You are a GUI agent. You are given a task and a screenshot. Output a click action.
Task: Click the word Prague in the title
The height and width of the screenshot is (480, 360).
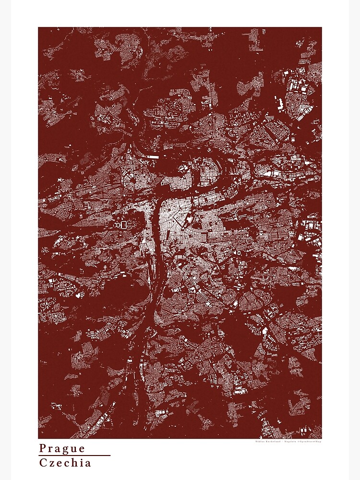tap(62, 449)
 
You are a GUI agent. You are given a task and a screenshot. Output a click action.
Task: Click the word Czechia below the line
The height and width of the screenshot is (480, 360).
tap(65, 463)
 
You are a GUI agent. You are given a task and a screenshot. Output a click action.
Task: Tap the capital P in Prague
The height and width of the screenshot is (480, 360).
tap(43, 448)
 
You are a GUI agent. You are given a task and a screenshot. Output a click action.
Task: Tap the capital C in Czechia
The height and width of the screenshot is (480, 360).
tap(43, 463)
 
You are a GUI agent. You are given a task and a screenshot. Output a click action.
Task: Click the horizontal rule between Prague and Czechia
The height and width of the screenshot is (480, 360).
tap(74, 456)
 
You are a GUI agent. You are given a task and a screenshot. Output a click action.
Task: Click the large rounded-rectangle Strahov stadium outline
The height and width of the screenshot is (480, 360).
tap(123, 224)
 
